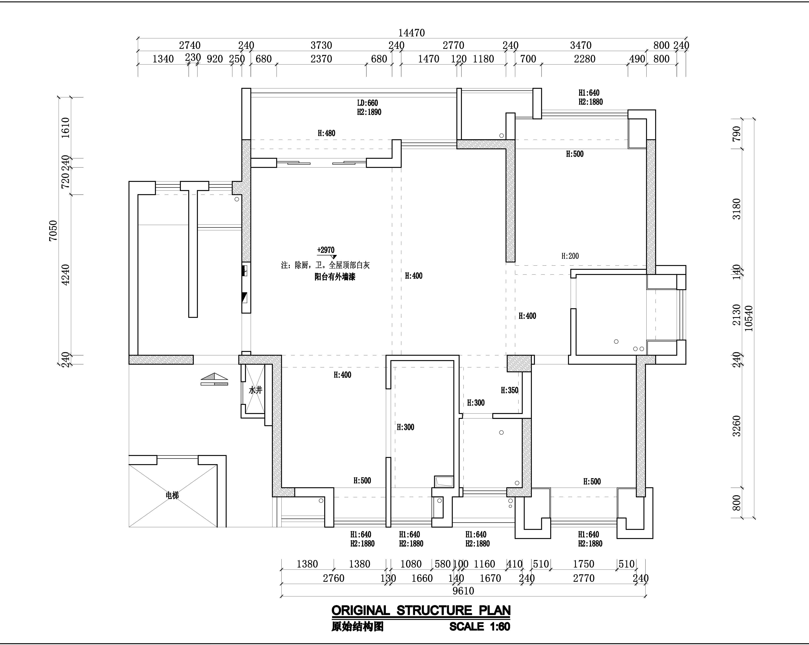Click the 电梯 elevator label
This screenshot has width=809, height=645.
172,496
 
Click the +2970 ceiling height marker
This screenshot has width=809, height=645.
326,250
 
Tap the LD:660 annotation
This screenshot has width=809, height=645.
367,103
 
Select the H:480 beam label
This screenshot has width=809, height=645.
326,133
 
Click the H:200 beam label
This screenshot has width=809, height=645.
570,256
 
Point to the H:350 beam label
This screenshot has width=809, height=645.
510,391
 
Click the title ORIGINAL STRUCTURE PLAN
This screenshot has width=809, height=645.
421,611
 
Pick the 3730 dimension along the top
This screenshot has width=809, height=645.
321,45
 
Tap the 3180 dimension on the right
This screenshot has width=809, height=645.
737,209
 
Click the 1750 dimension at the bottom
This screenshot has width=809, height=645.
584,564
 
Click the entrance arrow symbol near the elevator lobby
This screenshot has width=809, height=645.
214,379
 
